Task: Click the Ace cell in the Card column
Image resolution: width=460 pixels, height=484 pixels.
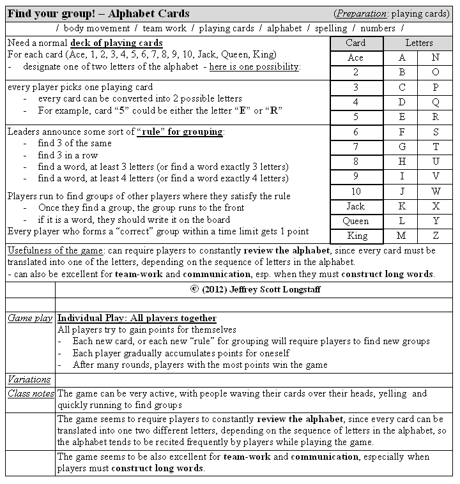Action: coord(355,57)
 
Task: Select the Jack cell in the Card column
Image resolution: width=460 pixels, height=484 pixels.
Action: coord(355,206)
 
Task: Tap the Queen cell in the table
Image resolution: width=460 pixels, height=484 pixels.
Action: coord(355,221)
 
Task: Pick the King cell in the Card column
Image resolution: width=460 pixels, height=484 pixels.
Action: coord(355,236)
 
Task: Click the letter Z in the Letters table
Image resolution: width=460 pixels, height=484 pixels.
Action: coord(436,236)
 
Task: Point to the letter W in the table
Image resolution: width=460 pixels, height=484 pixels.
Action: coord(436,191)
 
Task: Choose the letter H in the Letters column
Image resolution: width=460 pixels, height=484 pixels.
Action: coord(402,162)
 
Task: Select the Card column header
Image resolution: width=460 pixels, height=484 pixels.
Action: coord(355,43)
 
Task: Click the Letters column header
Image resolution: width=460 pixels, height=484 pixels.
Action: coord(419,43)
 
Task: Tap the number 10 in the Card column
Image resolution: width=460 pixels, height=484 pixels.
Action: coord(355,191)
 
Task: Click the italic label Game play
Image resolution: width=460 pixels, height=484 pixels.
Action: coord(30,318)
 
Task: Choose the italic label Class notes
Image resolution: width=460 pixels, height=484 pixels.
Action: coord(31,393)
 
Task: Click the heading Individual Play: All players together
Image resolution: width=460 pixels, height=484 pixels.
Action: coord(137,318)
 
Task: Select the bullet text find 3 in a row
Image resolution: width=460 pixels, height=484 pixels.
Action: coord(68,155)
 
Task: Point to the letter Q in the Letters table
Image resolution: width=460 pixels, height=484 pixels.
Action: coord(436,102)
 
